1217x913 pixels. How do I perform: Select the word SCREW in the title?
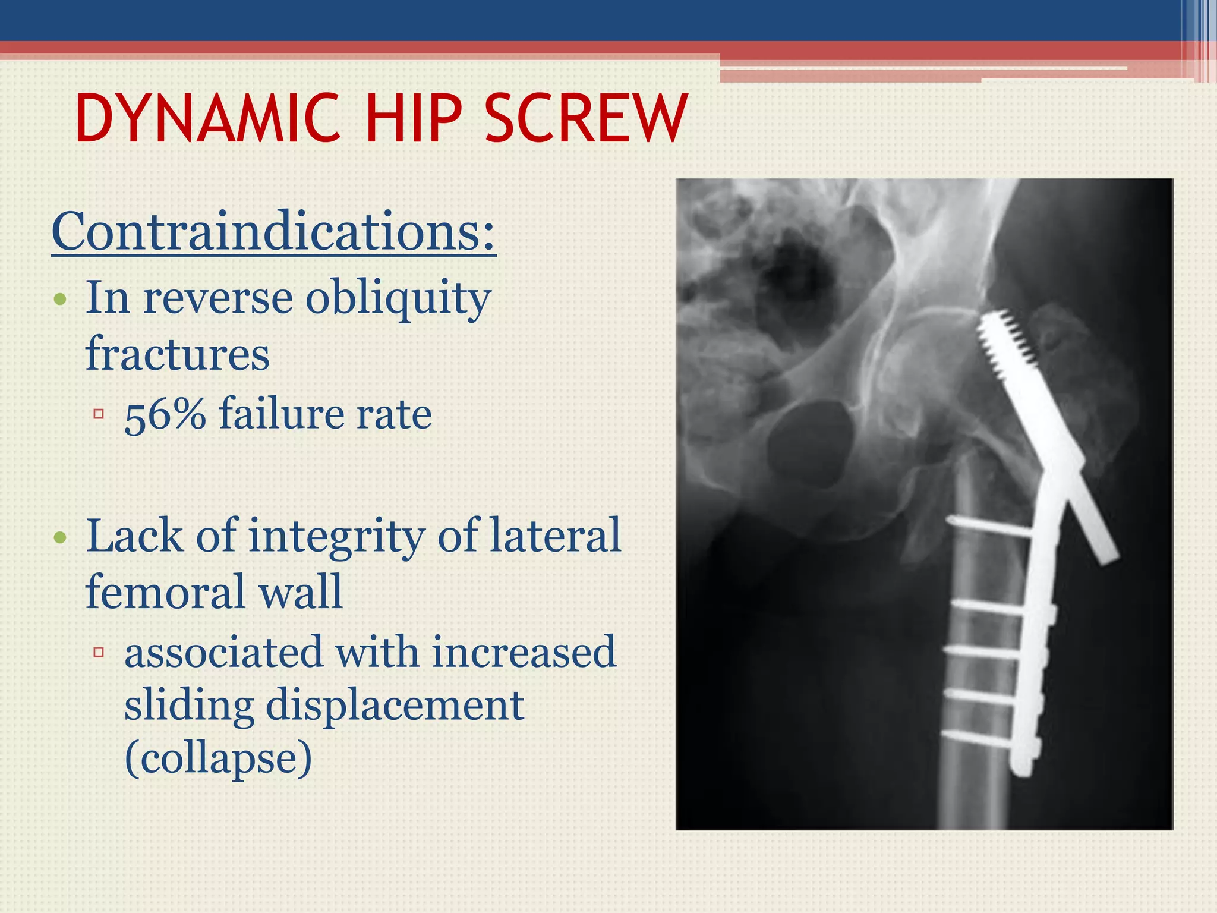pos(586,119)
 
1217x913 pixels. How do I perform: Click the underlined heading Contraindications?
pos(273,232)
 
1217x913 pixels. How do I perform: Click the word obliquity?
pos(398,298)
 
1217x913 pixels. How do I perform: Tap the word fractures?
pos(178,354)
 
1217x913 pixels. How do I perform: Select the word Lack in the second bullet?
pos(134,536)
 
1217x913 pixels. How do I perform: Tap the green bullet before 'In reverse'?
pos(60,299)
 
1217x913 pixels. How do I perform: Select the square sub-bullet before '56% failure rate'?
pos(99,414)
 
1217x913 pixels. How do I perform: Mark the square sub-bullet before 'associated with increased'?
pos(99,653)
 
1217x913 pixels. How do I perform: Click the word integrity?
pos(336,537)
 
